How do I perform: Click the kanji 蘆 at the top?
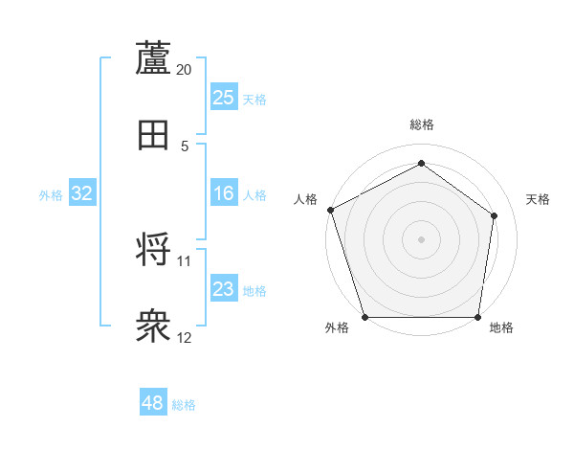[153, 58]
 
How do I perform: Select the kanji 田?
[153, 135]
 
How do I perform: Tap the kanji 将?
[153, 250]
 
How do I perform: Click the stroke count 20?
[185, 70]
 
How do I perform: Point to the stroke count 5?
[185, 146]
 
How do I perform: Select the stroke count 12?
[185, 338]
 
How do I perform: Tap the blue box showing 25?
[224, 98]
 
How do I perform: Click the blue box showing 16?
[224, 193]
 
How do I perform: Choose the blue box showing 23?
[224, 289]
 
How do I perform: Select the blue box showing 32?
[82, 193]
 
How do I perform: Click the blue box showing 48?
[153, 403]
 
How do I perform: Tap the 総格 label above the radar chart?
[421, 124]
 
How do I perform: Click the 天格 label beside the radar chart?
[539, 199]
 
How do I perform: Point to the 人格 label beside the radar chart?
[306, 199]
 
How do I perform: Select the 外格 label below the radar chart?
[337, 328]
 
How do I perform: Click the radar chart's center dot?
[421, 238]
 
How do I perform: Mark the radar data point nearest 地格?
[477, 317]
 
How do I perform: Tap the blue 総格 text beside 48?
[184, 405]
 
